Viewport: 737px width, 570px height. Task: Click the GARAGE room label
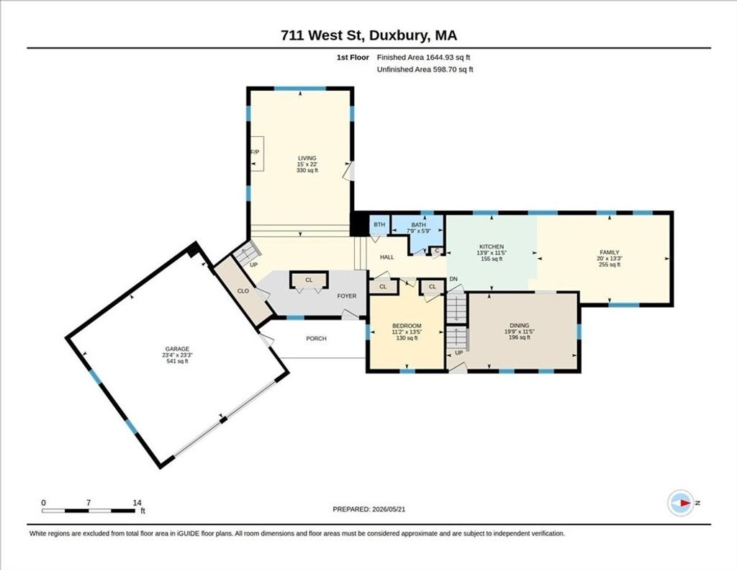pos(177,349)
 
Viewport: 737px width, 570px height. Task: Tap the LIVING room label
pos(307,158)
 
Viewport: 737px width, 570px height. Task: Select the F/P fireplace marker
pos(255,152)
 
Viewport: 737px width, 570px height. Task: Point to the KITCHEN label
pos(492,246)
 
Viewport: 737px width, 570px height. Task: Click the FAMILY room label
pos(610,252)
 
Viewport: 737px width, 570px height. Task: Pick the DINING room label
pos(520,325)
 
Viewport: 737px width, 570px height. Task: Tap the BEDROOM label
pos(407,326)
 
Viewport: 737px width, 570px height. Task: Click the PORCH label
pos(317,339)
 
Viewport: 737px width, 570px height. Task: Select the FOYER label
pos(347,296)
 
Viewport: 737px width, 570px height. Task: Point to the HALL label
pos(386,257)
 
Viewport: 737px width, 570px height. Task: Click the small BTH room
pos(379,225)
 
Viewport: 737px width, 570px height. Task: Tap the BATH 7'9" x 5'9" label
pos(418,228)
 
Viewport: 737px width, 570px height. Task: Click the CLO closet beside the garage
pos(243,291)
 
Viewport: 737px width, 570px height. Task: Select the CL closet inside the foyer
pos(309,280)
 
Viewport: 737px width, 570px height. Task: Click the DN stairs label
pos(453,279)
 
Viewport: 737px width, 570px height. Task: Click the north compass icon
pos(681,503)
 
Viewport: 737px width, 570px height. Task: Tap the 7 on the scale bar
pos(89,503)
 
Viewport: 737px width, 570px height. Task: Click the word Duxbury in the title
pos(399,35)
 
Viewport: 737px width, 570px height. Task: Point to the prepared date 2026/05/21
pos(388,509)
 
